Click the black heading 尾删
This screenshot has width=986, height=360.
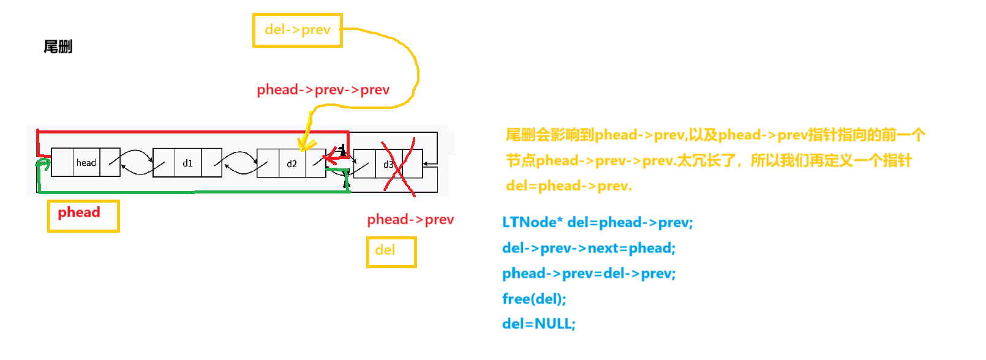tap(58, 47)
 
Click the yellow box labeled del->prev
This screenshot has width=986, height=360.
tap(298, 30)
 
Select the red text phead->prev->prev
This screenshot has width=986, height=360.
tap(323, 90)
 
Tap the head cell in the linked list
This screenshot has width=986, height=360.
tap(86, 163)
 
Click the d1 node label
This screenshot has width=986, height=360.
tap(187, 163)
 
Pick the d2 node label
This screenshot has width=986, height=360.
tap(292, 163)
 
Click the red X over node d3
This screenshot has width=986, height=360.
tap(399, 167)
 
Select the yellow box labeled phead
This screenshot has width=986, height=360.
tap(83, 216)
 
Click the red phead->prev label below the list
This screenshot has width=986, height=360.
tap(410, 219)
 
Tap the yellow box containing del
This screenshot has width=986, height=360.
tap(391, 252)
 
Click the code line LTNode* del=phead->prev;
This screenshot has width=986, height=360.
tap(597, 222)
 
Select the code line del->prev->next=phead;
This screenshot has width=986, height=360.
tap(589, 248)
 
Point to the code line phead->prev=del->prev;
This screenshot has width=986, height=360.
tap(589, 273)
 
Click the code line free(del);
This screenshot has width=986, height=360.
tap(534, 299)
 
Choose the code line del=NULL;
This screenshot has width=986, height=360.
tap(538, 324)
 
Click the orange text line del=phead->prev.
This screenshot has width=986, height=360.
tap(568, 186)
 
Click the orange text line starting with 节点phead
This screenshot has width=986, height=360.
tap(709, 160)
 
